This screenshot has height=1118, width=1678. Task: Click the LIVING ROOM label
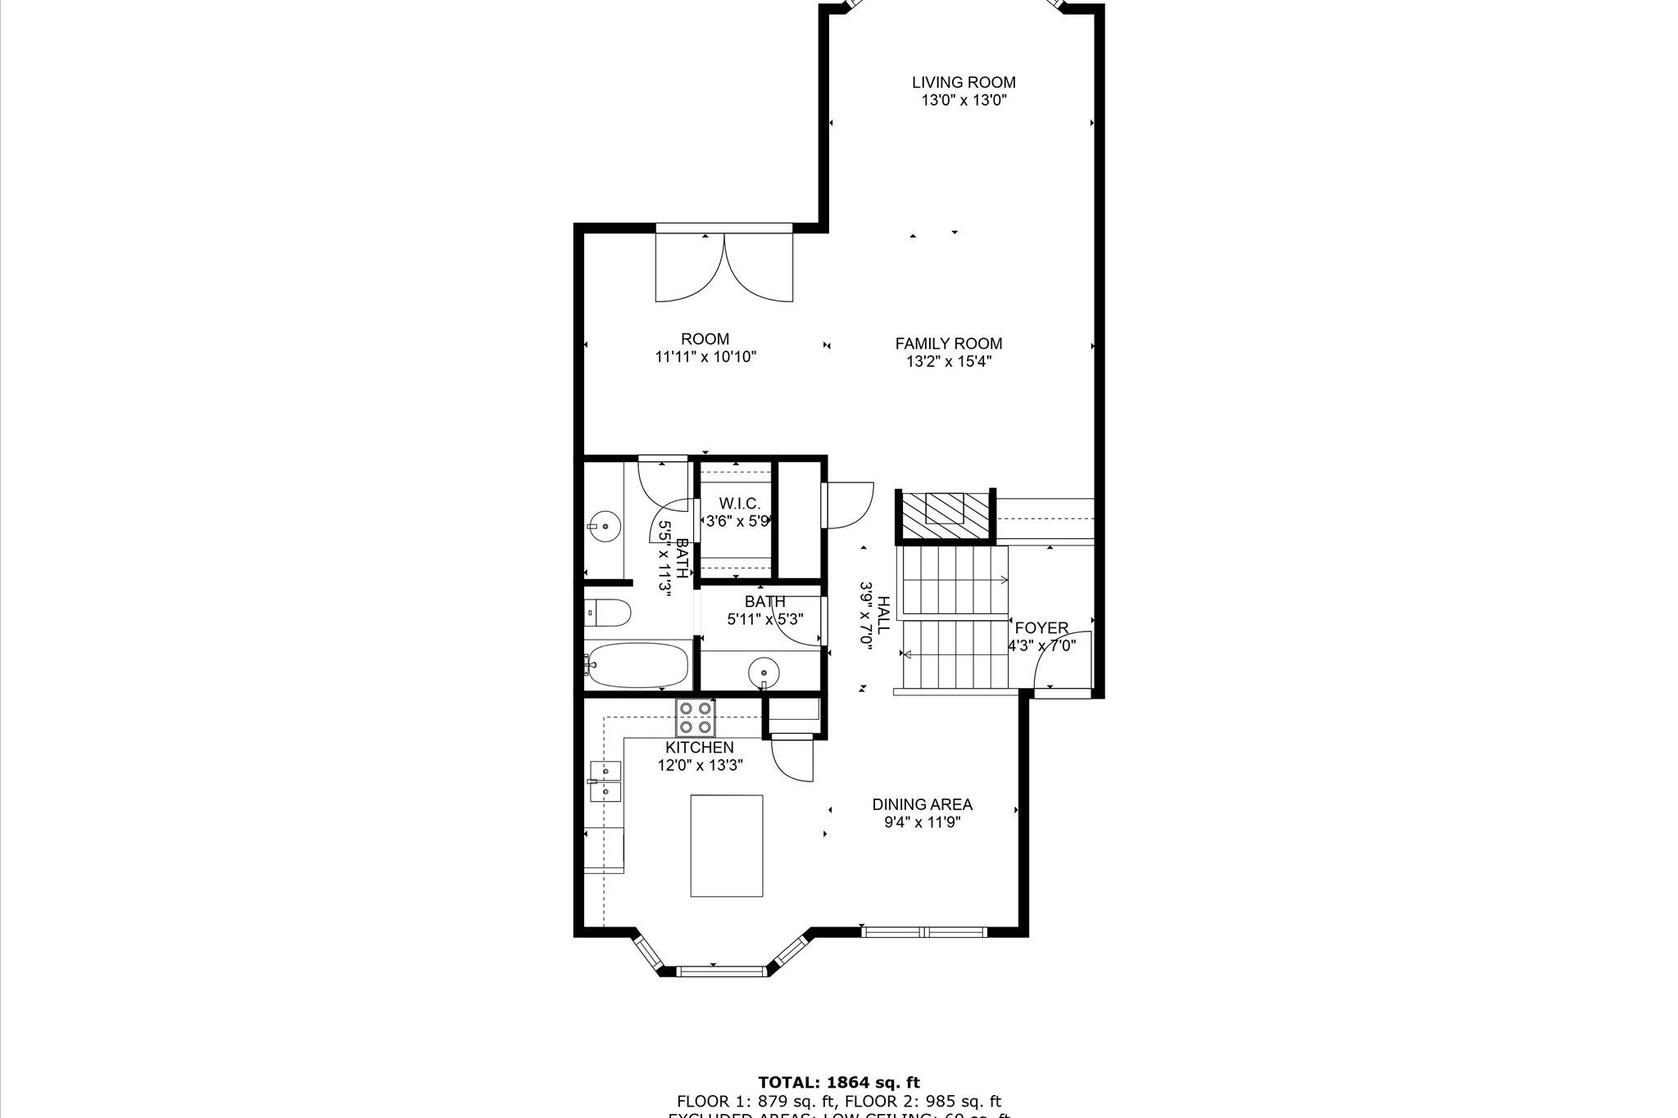(964, 82)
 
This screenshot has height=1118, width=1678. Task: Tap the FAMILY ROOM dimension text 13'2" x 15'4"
(949, 362)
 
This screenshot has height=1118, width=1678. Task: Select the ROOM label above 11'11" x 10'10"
(705, 339)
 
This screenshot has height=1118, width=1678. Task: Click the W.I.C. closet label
(740, 503)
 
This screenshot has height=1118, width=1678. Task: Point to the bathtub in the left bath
(637, 665)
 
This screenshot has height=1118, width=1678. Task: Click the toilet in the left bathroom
(608, 612)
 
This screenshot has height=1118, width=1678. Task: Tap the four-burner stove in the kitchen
(696, 717)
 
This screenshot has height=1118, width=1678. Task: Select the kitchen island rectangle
(727, 846)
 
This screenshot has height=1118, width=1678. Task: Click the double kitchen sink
(605, 781)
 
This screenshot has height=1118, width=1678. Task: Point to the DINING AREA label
(922, 804)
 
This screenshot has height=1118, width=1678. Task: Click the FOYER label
(1041, 628)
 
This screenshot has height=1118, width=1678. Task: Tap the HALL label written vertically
(883, 616)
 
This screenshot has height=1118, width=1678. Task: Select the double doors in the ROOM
(724, 269)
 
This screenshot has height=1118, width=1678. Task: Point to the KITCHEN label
(699, 748)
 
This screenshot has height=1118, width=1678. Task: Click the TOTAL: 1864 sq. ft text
(839, 1083)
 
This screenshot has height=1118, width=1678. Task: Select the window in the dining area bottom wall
(924, 931)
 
